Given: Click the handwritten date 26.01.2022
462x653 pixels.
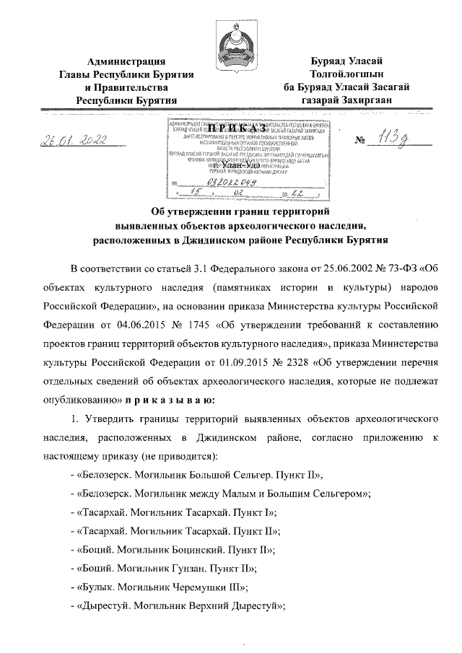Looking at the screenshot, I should [x=71, y=139].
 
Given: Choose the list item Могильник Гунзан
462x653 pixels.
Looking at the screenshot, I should [x=170, y=568].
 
